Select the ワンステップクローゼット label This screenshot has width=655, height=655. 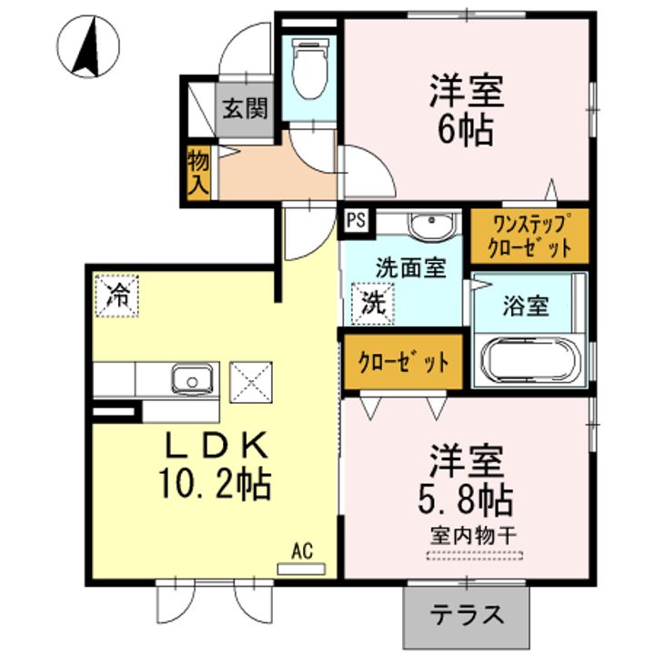point(530,235)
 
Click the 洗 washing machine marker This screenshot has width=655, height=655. point(373,301)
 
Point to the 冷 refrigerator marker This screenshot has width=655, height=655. point(118,295)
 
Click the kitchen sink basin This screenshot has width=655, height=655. point(190,378)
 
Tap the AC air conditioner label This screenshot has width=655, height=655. point(301,550)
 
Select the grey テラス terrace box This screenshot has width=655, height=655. point(467,615)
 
